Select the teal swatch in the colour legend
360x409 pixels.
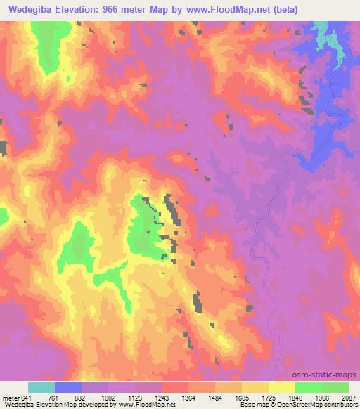click(x=41, y=387)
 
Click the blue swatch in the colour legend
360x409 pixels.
click(x=68, y=387)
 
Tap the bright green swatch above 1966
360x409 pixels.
click(x=308, y=387)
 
